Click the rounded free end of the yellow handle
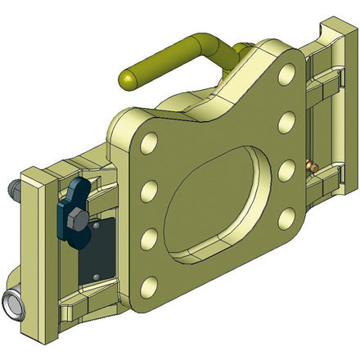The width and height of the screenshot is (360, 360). (129, 79)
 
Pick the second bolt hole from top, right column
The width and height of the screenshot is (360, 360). (288, 124)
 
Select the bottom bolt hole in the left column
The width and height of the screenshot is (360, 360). (151, 286)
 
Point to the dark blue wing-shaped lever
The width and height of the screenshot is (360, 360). (72, 205)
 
